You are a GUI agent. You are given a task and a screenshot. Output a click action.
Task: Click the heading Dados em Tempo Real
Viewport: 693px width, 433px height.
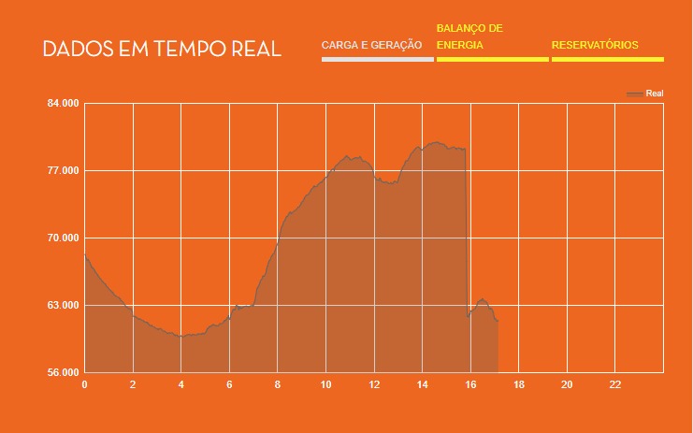(x=162, y=49)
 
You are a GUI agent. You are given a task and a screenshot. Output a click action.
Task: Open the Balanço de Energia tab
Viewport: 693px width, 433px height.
(x=469, y=36)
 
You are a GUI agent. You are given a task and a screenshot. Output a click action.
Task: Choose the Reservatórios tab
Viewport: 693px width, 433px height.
(x=595, y=45)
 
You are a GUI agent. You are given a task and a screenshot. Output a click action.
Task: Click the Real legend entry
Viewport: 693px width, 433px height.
(x=653, y=94)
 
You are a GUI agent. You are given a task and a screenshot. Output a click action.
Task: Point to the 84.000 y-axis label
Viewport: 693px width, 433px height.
(x=63, y=103)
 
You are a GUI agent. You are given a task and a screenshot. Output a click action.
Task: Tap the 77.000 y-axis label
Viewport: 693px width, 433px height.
(x=63, y=170)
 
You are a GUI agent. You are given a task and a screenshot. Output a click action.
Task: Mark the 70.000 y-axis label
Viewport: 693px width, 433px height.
(x=63, y=238)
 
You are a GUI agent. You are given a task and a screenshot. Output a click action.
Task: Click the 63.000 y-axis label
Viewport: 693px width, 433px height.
(x=63, y=306)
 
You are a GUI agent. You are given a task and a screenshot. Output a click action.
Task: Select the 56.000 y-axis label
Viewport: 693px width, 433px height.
(x=63, y=373)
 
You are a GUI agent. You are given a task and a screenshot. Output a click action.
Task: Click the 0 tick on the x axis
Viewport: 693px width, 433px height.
(x=84, y=384)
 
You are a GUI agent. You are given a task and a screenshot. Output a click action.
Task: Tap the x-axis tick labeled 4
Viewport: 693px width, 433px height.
(x=180, y=384)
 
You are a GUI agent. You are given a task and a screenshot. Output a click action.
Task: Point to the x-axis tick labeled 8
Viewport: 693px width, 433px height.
(x=278, y=384)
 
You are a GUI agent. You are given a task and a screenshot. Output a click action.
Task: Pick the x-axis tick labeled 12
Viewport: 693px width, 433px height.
(x=374, y=384)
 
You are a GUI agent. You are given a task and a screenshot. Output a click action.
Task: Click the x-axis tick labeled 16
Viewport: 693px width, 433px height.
(x=470, y=384)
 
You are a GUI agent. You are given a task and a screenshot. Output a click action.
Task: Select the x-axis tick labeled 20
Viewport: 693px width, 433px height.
(x=567, y=384)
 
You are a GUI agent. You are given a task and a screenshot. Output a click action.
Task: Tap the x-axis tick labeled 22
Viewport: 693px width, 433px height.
(x=615, y=384)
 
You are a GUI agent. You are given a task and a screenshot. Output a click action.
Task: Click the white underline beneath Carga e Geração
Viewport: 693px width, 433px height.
(x=377, y=60)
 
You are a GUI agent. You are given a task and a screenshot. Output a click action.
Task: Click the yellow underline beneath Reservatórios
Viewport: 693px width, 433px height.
(x=607, y=60)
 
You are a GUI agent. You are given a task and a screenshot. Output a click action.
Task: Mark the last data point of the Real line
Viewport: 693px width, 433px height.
(x=498, y=321)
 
